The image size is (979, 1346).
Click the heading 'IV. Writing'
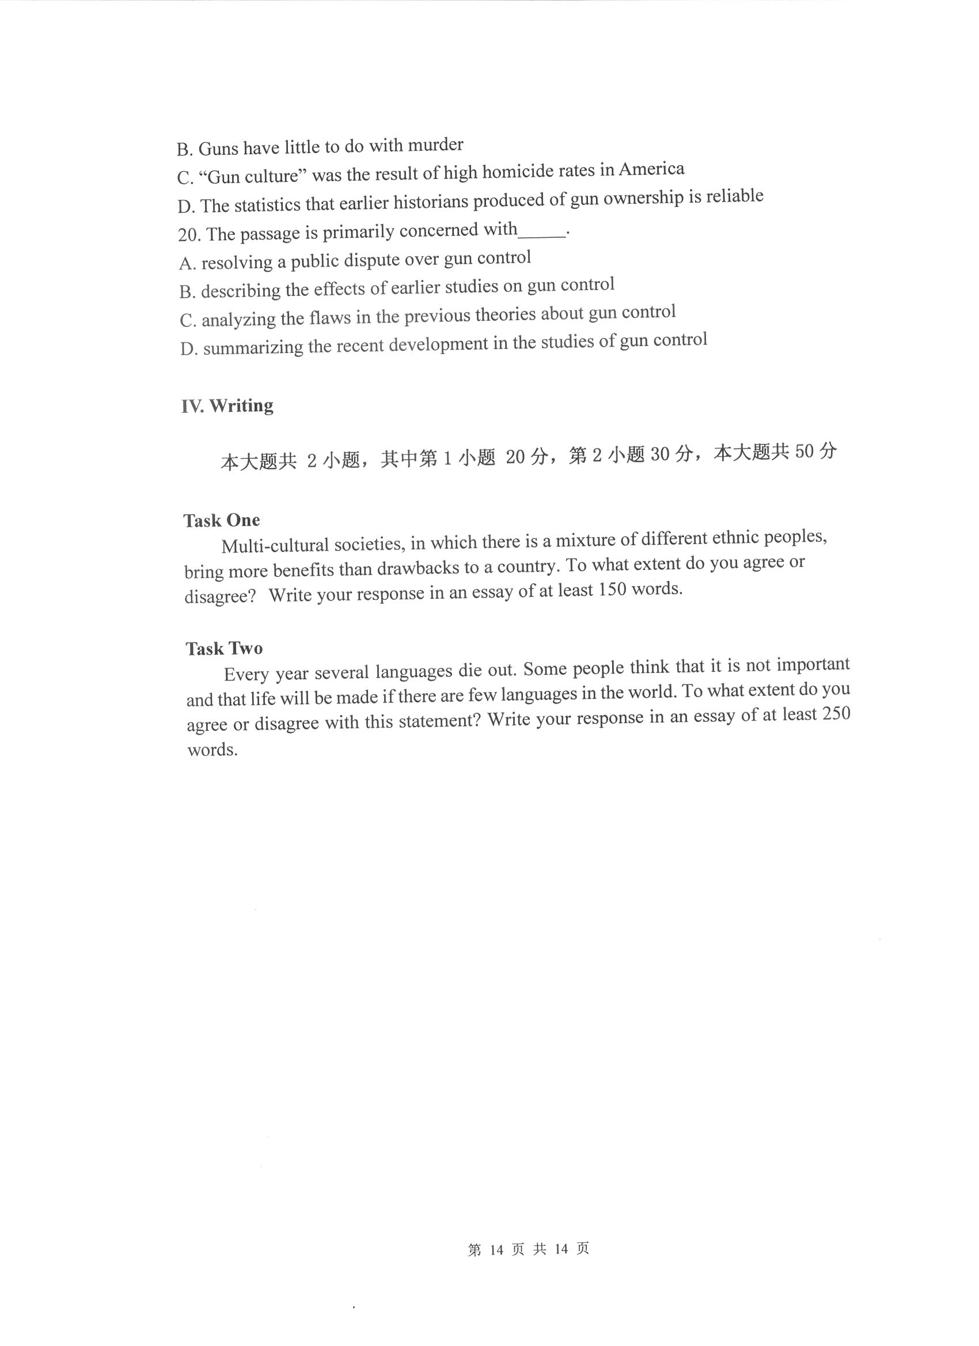point(227,406)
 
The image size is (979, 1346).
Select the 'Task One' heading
point(222,520)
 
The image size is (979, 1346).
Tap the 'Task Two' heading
point(224,648)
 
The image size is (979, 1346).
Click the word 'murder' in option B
point(436,145)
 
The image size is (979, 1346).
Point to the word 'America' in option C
point(651,170)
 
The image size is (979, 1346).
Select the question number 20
point(188,235)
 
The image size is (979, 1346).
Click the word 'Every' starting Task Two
point(246,674)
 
